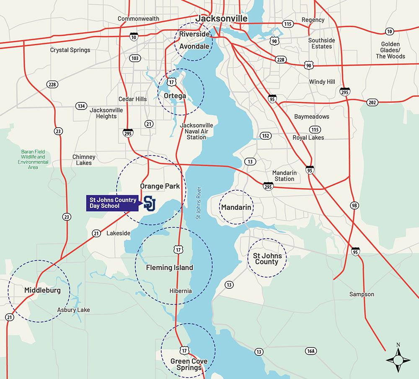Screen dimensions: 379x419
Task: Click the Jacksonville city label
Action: point(221,19)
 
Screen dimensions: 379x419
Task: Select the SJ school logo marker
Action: point(150,203)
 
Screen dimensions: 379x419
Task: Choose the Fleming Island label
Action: point(169,267)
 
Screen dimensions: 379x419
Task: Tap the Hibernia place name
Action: point(181,291)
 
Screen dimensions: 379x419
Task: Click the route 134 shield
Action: point(81,105)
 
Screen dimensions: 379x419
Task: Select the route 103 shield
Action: point(135,58)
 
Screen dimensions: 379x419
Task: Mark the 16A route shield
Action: point(310,351)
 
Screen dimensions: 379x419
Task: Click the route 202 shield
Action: point(372,102)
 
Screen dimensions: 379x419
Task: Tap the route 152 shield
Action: point(265,136)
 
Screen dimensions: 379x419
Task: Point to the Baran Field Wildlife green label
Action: point(33,159)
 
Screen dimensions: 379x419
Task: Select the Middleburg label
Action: point(42,290)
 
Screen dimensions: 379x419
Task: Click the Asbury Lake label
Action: point(73,310)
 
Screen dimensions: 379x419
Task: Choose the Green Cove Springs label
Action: point(189,364)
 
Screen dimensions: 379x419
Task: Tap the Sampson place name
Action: point(362,294)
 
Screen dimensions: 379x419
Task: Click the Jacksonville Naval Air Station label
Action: point(196,131)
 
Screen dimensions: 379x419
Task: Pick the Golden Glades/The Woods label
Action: point(390,50)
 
